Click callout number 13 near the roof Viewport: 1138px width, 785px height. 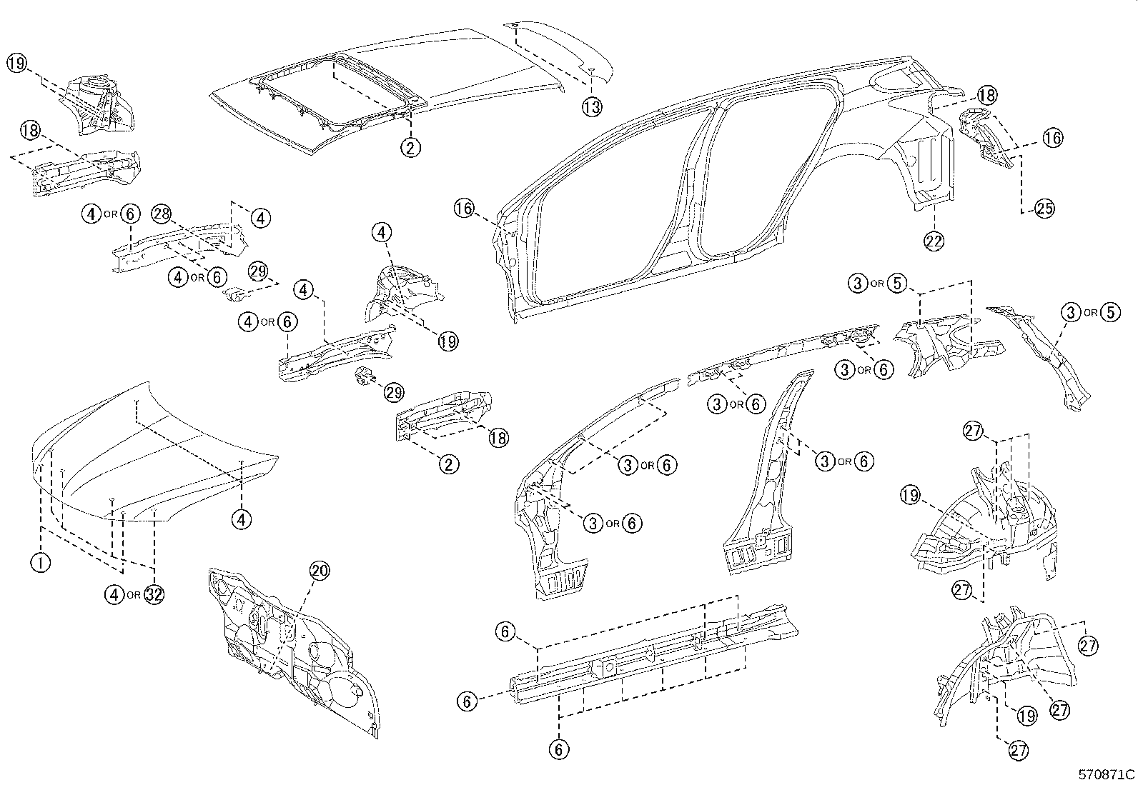coord(591,107)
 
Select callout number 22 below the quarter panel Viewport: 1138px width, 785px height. coord(934,241)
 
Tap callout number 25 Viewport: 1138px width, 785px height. coord(1044,209)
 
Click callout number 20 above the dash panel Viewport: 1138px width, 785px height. coord(320,571)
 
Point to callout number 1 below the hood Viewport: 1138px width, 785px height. coord(40,562)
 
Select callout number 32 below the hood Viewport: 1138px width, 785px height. coord(154,594)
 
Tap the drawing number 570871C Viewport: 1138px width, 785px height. coord(1107,774)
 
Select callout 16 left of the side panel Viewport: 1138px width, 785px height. coord(464,209)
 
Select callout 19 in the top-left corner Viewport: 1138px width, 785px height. coord(17,63)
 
